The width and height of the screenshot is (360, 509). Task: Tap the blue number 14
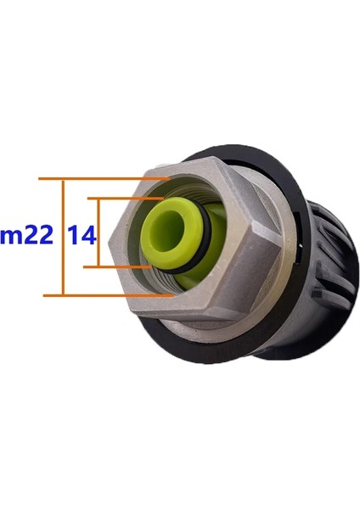(x=82, y=237)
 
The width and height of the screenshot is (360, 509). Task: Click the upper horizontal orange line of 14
(x=127, y=199)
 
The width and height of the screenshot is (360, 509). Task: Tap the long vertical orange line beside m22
(x=64, y=237)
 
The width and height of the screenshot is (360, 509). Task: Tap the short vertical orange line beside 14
(x=100, y=233)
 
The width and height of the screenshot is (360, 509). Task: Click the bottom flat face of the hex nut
(x=195, y=314)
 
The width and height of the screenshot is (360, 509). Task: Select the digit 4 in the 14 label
(x=88, y=237)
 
